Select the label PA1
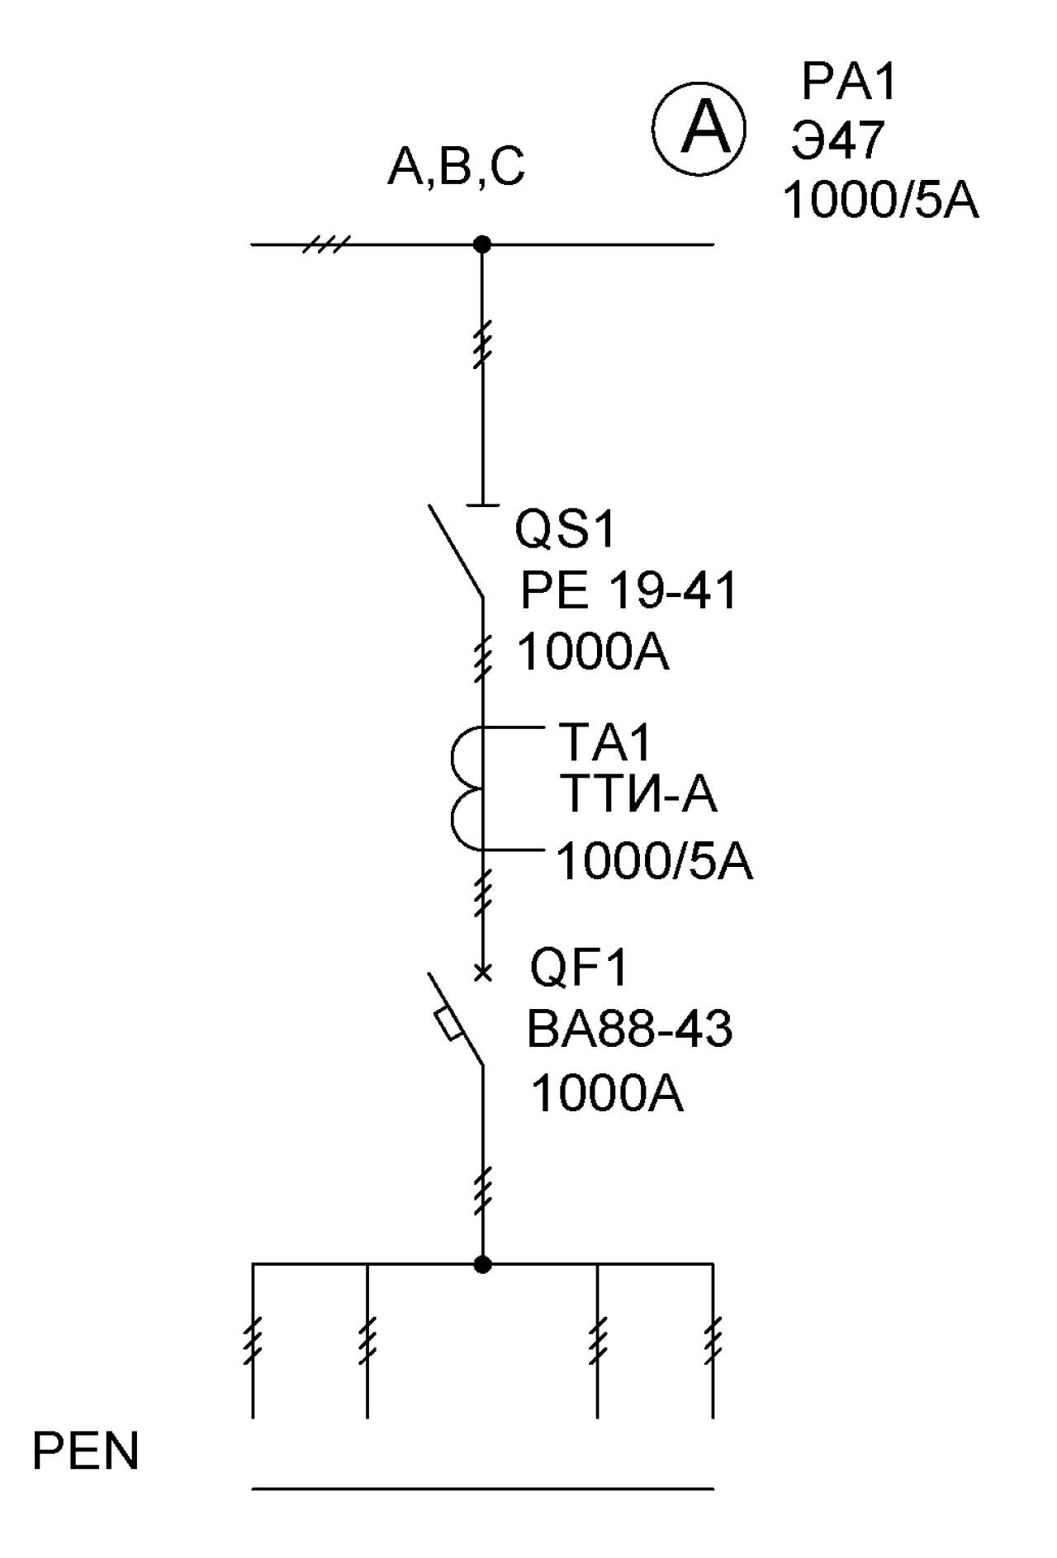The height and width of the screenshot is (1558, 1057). tap(849, 82)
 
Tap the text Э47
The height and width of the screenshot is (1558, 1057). tap(837, 140)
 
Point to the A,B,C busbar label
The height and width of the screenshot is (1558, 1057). tap(457, 167)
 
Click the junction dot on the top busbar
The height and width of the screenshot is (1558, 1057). tap(482, 244)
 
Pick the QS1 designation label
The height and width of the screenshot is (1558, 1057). tap(566, 528)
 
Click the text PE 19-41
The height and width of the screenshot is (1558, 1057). tap(628, 590)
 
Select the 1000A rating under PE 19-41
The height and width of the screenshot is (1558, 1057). tap(593, 652)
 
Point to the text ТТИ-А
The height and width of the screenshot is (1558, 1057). tap(638, 794)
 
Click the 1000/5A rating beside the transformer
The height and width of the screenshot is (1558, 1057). tap(655, 861)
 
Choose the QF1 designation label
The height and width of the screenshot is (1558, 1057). tap(579, 968)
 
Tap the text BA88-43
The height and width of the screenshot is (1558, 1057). tap(629, 1030)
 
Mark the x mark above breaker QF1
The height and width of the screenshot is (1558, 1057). tap(483, 973)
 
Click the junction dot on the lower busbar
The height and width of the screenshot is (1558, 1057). tap(482, 1264)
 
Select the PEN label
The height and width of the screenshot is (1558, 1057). tap(86, 1451)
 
